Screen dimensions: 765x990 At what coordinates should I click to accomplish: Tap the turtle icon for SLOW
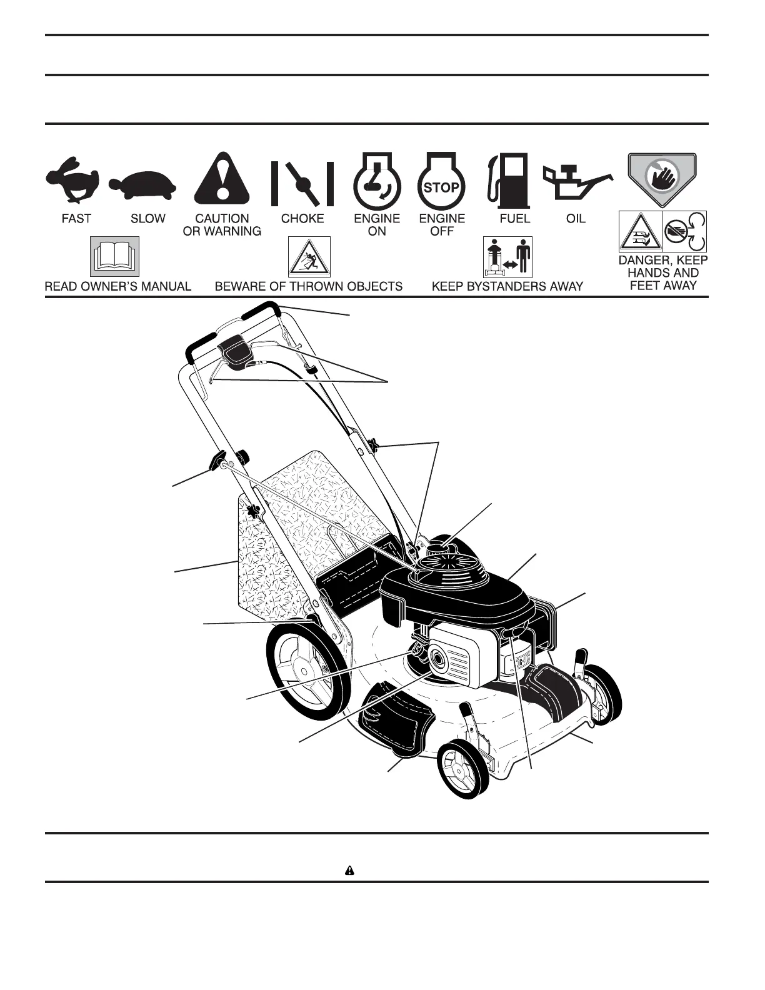coord(142,184)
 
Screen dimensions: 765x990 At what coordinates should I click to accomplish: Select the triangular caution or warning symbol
coord(222,179)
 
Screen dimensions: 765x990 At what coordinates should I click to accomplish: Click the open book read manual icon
coord(115,257)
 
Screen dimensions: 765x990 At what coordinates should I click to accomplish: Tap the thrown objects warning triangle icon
coord(309,257)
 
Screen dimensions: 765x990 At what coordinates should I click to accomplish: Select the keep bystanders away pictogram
coord(507,257)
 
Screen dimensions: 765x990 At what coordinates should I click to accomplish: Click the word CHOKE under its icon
coord(302,218)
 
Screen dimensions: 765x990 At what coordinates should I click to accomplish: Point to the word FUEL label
coord(514,218)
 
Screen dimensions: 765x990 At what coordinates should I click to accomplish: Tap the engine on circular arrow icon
coord(377,181)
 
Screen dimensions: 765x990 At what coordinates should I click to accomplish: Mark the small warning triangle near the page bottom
coord(350,870)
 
